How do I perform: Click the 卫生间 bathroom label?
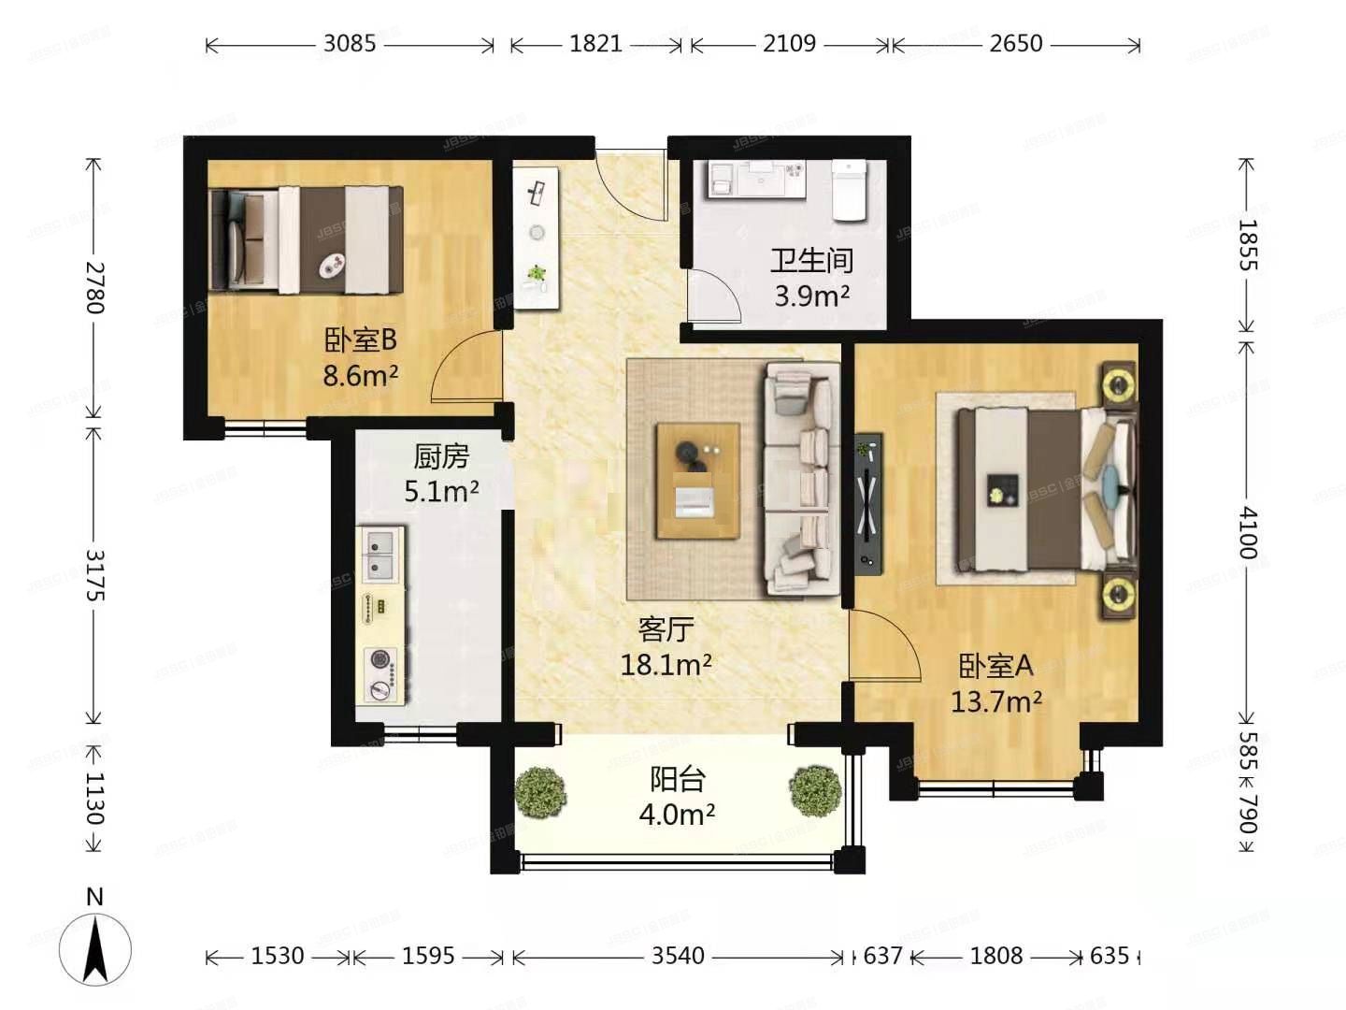click(810, 260)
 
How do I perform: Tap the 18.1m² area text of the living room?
click(666, 665)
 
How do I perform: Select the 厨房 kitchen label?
click(440, 456)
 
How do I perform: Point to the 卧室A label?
click(995, 666)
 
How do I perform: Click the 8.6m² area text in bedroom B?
click(360, 376)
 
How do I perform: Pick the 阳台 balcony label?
click(677, 779)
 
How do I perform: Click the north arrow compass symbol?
click(94, 946)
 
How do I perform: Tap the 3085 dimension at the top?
click(349, 44)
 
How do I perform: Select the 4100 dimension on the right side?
click(1247, 532)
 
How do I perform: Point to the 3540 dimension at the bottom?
click(678, 956)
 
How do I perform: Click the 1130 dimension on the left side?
click(94, 797)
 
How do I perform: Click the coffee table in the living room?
click(697, 481)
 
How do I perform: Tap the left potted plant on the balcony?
click(540, 792)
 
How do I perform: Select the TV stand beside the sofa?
click(868, 501)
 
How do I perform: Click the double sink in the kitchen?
click(379, 554)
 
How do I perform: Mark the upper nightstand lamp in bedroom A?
click(1117, 383)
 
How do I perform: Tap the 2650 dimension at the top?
click(1015, 44)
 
